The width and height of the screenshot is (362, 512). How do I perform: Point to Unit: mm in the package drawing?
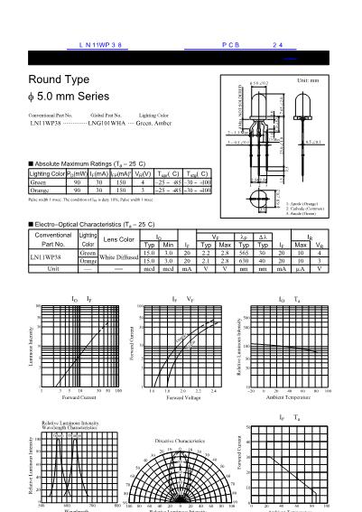point(308,81)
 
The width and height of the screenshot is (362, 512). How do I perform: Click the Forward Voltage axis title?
point(184,396)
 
